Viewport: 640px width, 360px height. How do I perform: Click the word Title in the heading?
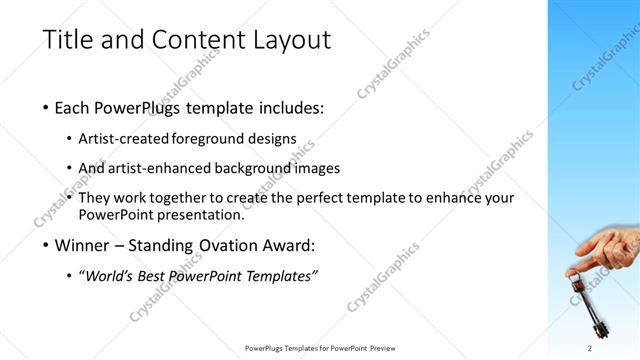click(69, 42)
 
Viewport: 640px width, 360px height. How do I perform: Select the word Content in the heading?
click(192, 42)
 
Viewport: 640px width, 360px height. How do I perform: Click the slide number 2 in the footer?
click(590, 348)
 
